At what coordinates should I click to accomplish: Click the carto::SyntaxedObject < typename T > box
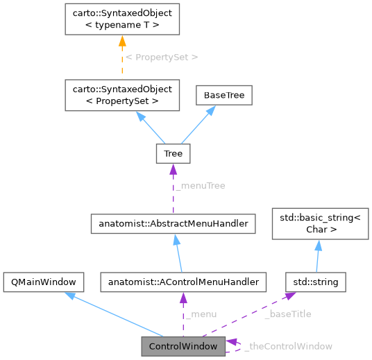tap(122, 19)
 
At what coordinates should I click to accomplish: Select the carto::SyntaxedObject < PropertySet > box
tap(122, 95)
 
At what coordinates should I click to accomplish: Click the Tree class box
tap(173, 153)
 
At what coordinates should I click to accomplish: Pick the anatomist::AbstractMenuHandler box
tap(173, 223)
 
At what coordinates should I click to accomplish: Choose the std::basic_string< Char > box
tap(316, 223)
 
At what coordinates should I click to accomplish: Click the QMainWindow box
tap(44, 282)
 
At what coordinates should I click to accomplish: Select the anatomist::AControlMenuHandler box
tap(183, 282)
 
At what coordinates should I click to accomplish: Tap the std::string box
tap(316, 282)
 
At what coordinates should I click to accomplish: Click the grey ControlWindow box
tap(183, 345)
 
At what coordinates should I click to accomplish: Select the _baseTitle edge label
tap(287, 314)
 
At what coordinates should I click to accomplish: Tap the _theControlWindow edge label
tap(289, 345)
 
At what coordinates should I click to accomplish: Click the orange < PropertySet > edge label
tap(162, 57)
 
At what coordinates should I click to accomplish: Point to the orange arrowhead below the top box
tap(122, 42)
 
